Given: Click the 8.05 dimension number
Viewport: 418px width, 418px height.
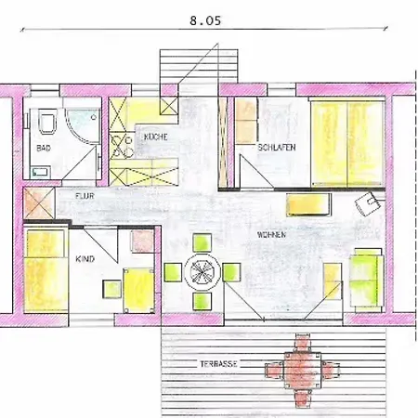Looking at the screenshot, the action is click(x=205, y=20).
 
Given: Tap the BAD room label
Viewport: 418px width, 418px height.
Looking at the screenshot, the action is click(x=44, y=148).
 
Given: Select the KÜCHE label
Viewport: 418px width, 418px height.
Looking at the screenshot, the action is click(x=155, y=137).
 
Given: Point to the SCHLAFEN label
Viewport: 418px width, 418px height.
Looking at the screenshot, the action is click(x=277, y=147).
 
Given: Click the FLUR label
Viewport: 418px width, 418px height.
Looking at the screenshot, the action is click(x=85, y=196).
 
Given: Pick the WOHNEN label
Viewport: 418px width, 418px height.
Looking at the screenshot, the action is click(x=271, y=235).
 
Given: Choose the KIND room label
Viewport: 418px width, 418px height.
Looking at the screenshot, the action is click(x=85, y=259).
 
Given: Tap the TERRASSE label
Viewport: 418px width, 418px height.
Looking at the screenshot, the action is click(x=218, y=364).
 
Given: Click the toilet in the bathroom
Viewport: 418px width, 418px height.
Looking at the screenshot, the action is click(x=48, y=121).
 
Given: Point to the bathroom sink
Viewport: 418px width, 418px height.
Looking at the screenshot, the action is click(x=40, y=172).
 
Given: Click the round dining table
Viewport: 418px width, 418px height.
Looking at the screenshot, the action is click(x=202, y=272).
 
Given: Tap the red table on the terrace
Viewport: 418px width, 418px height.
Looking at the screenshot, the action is click(x=303, y=371).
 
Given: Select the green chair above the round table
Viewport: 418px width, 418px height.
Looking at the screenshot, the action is click(x=202, y=242).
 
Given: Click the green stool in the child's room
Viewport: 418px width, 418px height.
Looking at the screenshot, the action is click(x=111, y=289).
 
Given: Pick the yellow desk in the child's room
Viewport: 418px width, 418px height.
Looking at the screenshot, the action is click(x=138, y=291).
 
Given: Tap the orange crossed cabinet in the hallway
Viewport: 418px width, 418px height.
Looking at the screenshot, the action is click(x=39, y=202).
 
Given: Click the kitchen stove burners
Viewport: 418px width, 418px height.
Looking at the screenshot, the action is click(x=121, y=146).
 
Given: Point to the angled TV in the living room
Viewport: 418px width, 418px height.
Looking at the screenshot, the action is click(x=368, y=203).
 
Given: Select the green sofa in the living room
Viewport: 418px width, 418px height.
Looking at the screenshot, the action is click(x=367, y=280).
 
